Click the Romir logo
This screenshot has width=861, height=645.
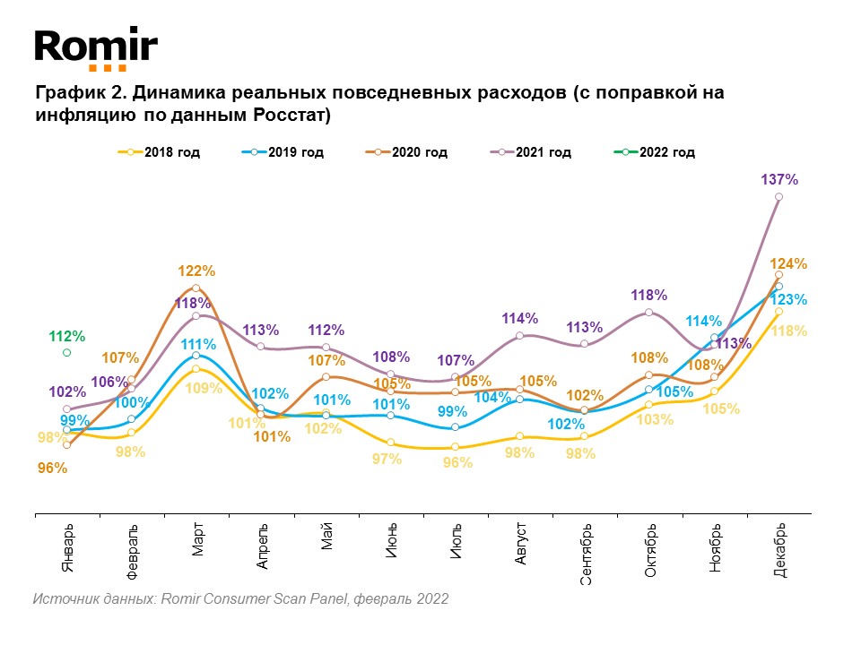tap(96, 49)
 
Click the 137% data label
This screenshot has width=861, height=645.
tap(779, 179)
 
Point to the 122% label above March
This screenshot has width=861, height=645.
tap(196, 271)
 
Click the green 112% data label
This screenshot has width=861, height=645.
tap(66, 337)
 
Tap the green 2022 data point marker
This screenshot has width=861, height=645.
tap(66, 353)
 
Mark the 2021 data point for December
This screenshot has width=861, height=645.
tap(779, 197)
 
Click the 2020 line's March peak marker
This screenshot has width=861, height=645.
tap(196, 288)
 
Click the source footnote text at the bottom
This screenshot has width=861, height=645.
tap(240, 598)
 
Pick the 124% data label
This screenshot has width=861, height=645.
tap(789, 264)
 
